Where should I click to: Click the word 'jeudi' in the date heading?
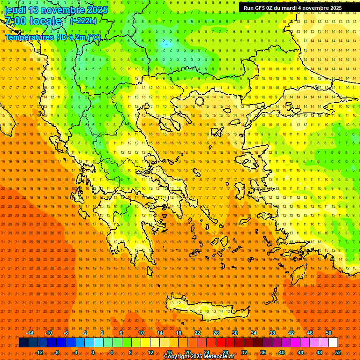[x=15, y=10]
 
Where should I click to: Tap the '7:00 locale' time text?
[x=33, y=21]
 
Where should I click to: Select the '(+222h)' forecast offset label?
[x=83, y=21]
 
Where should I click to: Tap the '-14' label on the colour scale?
[x=30, y=333]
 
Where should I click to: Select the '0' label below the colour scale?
[x=93, y=352]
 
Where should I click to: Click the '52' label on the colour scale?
[x=338, y=352]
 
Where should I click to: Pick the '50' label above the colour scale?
[x=329, y=333]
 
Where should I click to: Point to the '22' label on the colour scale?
[x=197, y=333]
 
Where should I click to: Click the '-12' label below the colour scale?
[x=39, y=352]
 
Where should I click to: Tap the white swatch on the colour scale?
[x=333, y=343]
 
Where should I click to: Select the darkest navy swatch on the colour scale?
[x=23, y=343]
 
